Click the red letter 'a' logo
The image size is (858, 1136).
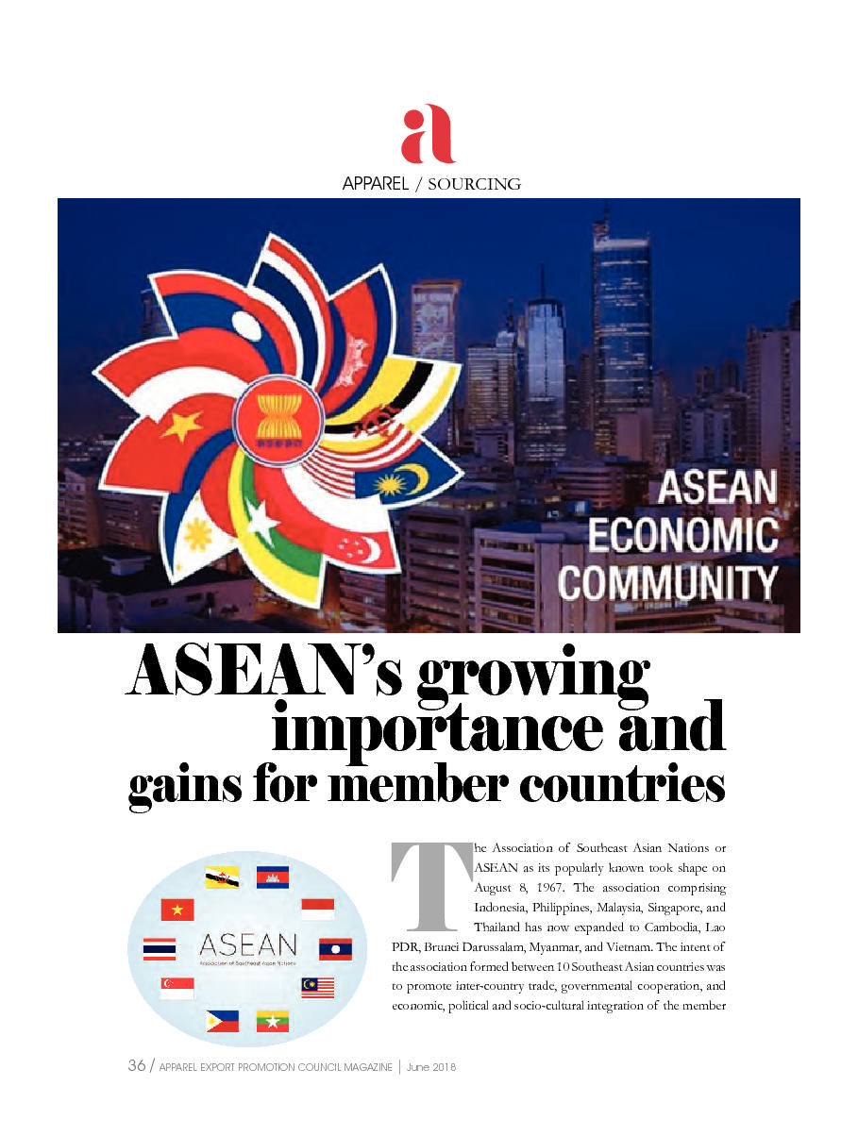click(428, 134)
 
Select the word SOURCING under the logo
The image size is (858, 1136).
click(474, 184)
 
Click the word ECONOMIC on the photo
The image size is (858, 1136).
click(682, 535)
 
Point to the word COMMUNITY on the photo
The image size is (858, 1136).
click(668, 582)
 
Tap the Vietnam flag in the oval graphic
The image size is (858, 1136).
click(177, 910)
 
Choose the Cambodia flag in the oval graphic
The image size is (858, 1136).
click(272, 877)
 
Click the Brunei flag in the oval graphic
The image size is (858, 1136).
click(222, 877)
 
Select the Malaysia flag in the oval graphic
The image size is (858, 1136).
click(318, 987)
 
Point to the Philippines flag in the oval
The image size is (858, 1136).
click(222, 1021)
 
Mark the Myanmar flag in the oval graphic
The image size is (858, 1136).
click(272, 1021)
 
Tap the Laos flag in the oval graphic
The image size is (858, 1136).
click(335, 948)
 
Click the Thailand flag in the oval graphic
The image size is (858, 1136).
click(160, 948)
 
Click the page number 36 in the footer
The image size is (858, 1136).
click(136, 1066)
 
